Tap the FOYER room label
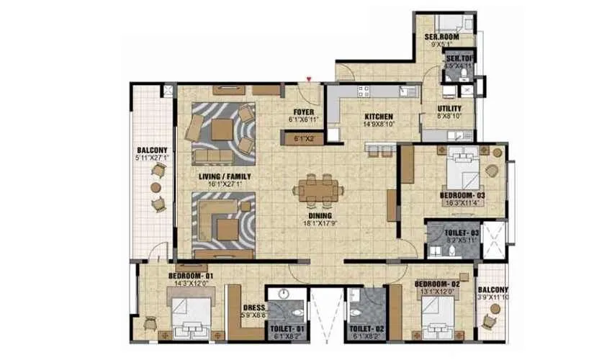coord(302,112)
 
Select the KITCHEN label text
coord(378,116)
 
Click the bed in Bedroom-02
coord(439,315)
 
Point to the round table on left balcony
coord(156,186)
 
